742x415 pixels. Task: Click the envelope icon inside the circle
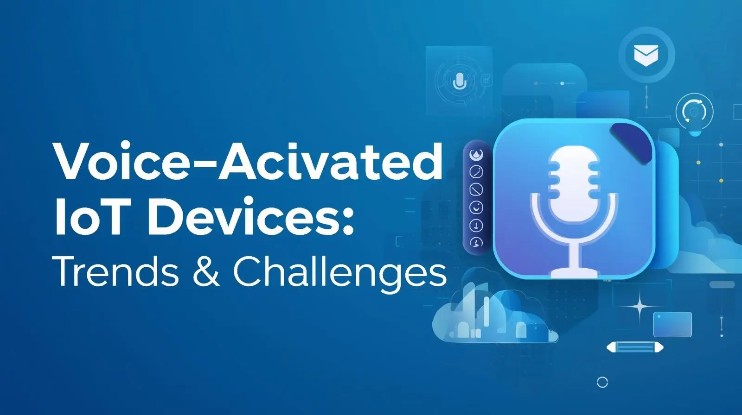[646, 55]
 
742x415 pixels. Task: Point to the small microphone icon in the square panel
[459, 82]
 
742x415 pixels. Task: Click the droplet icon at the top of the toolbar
[476, 155]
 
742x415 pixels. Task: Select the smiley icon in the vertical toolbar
[476, 207]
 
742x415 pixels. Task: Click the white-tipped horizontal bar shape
[635, 347]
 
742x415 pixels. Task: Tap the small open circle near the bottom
[602, 383]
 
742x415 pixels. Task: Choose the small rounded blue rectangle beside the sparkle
[672, 324]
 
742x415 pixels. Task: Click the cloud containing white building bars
[492, 317]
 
